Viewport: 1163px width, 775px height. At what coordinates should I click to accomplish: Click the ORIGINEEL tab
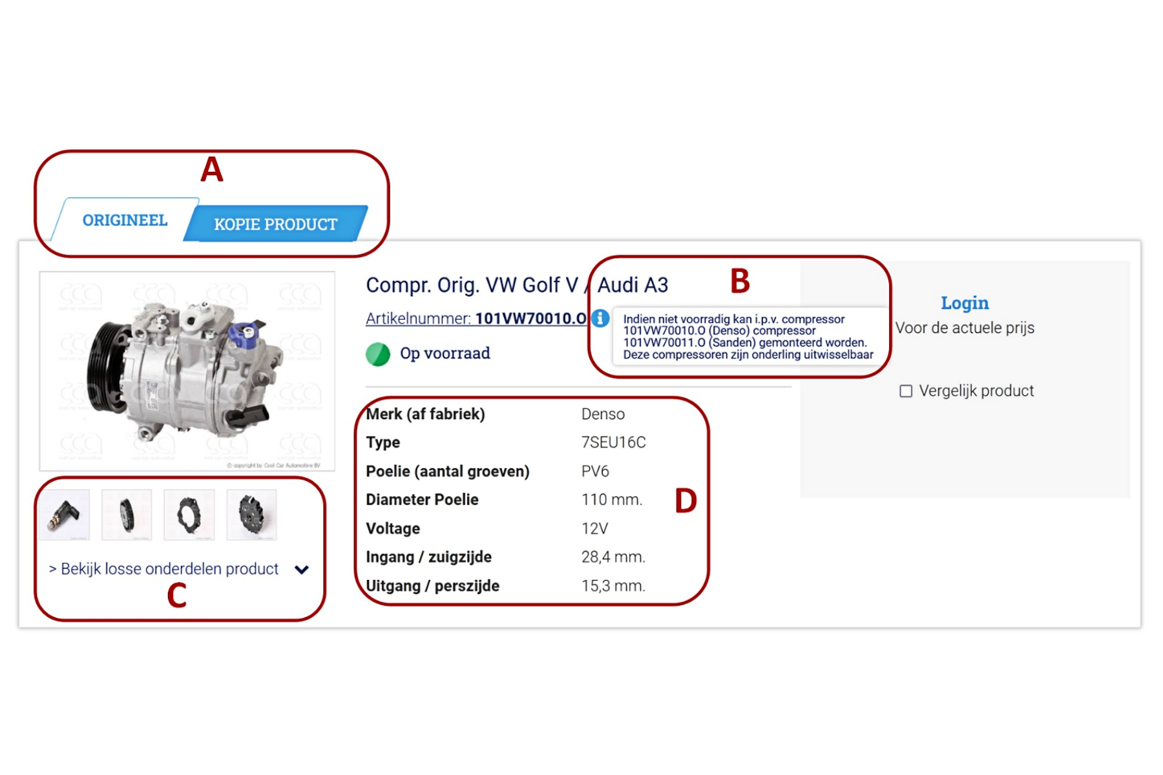125,220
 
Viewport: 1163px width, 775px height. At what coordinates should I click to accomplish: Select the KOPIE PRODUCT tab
275,224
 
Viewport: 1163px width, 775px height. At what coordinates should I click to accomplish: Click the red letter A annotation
212,170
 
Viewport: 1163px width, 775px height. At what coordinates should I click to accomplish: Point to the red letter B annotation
740,281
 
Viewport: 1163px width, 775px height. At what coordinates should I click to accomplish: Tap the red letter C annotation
176,595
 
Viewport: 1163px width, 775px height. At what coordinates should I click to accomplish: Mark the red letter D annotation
686,501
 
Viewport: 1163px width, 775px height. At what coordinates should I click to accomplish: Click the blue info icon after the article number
600,318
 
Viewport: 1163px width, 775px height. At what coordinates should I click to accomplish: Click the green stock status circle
378,354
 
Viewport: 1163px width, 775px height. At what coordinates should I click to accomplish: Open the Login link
964,303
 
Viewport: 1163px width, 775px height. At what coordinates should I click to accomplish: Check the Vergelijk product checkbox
906,391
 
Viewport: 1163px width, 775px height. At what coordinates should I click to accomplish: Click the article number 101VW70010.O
530,318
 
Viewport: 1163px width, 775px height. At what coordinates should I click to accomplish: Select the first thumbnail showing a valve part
65,515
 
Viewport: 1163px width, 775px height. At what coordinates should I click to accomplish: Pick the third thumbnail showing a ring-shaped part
189,515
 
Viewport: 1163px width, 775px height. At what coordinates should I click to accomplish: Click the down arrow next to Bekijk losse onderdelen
302,570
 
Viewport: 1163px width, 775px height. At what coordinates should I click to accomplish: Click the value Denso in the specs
603,414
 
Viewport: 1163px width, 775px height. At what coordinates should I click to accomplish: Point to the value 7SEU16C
613,442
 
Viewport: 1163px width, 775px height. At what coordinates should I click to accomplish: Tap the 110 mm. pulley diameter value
611,500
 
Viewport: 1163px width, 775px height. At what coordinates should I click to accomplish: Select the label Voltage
393,528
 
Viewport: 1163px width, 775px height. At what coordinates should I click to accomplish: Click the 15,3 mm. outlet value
613,586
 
